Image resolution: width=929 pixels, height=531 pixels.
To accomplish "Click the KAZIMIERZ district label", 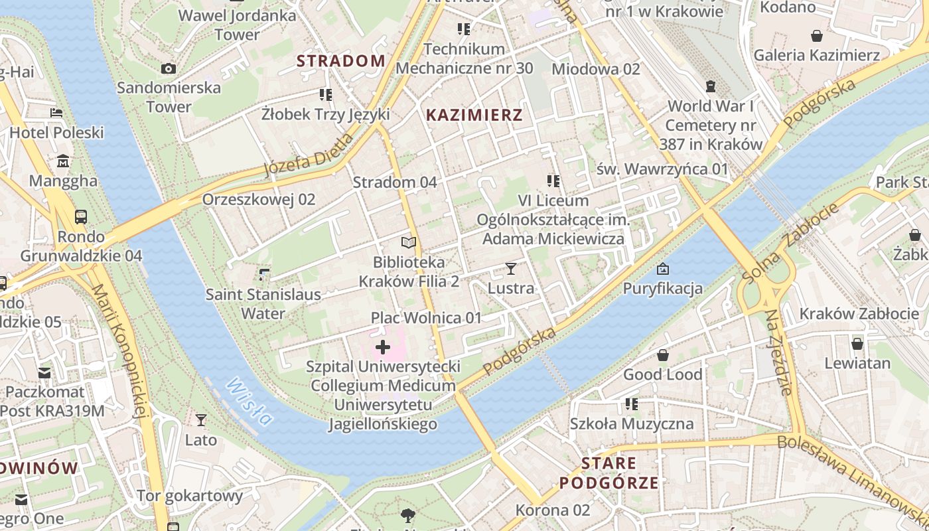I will (474, 115).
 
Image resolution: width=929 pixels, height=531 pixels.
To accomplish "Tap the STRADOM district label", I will (340, 61).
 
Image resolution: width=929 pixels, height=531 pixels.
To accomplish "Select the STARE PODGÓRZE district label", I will (609, 473).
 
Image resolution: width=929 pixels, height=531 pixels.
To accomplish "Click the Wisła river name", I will (249, 401).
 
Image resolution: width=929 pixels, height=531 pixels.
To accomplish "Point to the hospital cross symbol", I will (383, 346).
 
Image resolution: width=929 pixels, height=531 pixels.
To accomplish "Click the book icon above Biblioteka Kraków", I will (409, 243).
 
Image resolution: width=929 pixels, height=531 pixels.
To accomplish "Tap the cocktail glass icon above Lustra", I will (510, 268).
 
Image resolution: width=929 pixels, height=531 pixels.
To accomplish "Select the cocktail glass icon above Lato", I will (200, 419).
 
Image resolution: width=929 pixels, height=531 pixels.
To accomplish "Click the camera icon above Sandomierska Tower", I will (169, 68).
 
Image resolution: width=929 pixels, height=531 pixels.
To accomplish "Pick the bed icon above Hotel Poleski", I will (56, 113).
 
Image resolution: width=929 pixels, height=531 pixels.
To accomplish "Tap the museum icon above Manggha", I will (63, 161).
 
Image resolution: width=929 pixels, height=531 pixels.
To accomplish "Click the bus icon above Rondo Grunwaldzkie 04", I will (81, 216).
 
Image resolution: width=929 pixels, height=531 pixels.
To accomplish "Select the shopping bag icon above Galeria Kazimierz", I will (817, 36).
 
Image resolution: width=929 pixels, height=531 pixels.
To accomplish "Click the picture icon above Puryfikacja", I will (662, 269).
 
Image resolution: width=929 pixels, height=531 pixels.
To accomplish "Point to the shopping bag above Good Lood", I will (662, 355).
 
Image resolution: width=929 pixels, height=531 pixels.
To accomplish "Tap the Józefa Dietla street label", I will (309, 156).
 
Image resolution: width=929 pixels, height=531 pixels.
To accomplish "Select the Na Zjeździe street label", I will (778, 352).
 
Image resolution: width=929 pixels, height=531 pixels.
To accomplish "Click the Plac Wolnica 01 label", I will (426, 318).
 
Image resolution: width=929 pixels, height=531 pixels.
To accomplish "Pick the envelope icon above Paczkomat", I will (44, 373).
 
